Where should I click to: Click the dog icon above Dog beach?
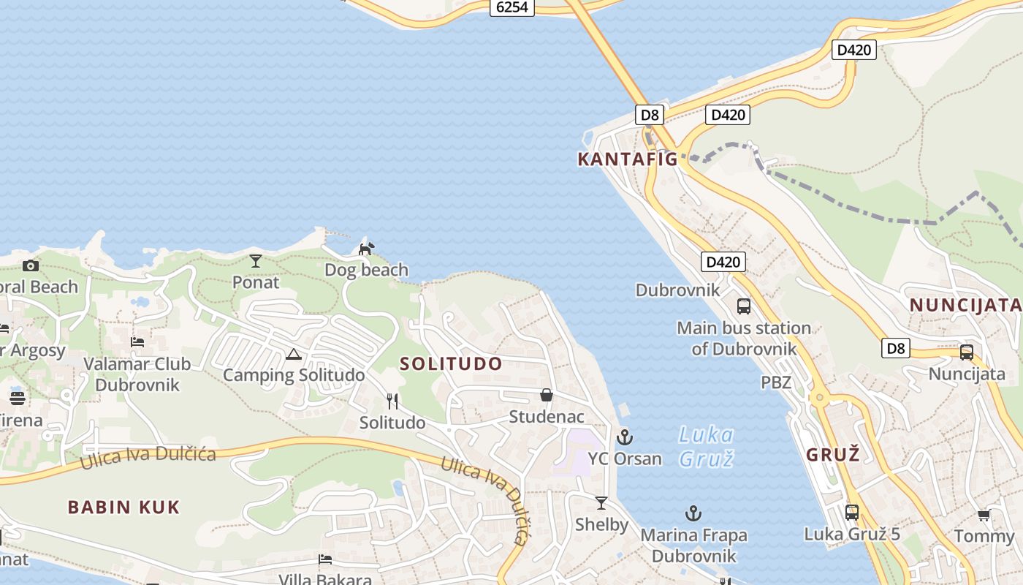click(x=365, y=249)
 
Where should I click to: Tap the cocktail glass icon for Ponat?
click(x=256, y=260)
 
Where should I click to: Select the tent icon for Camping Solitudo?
click(x=294, y=355)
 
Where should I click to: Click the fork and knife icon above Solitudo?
click(x=392, y=401)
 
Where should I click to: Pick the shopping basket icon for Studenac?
click(x=547, y=395)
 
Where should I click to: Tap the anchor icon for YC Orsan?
click(x=624, y=437)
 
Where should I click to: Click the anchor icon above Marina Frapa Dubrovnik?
click(x=693, y=513)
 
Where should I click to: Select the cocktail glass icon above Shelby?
click(x=601, y=503)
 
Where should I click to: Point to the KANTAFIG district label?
click(x=628, y=159)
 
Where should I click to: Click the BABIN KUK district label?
click(x=123, y=507)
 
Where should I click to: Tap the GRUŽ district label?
click(x=832, y=454)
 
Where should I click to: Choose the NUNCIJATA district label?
click(x=965, y=305)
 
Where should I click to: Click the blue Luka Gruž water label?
click(x=705, y=446)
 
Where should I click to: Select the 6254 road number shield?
click(x=512, y=7)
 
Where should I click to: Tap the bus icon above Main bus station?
click(x=744, y=306)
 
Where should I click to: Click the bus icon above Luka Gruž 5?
click(x=852, y=513)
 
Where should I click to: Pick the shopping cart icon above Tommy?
click(x=984, y=516)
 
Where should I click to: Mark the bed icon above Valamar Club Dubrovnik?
click(x=137, y=341)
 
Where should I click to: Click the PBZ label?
click(x=776, y=382)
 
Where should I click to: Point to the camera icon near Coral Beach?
click(x=30, y=265)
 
